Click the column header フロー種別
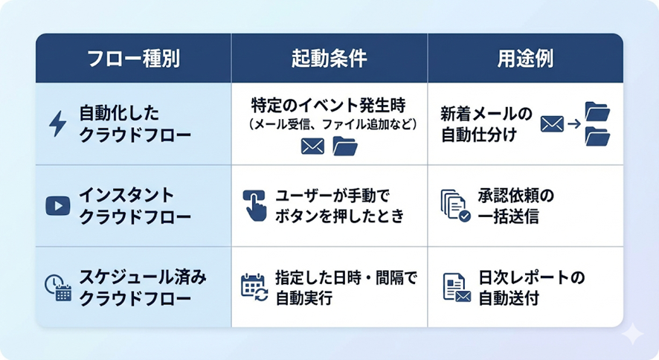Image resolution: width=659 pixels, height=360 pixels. pos(133,58)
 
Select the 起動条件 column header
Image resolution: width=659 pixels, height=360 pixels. pos(329,58)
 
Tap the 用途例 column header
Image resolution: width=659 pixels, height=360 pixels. pos(524,58)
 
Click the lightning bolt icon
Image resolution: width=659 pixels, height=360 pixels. pos(57,122)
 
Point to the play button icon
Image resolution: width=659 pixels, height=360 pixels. pos(57,205)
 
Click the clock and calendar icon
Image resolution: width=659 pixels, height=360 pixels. pos(57,287)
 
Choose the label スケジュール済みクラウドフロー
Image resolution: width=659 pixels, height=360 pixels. pos(142,287)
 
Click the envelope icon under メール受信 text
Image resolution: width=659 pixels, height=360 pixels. pos(312,147)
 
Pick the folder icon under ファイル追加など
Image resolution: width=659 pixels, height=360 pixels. pos(344,146)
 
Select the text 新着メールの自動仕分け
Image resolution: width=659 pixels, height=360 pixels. pos(486,123)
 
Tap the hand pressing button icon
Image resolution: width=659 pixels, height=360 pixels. pos(254,205)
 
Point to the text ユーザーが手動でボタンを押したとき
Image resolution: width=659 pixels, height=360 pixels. pos(339,205)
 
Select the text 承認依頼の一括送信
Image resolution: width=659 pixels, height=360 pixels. pos(515,205)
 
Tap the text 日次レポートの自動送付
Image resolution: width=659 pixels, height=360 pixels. pos(530,287)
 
